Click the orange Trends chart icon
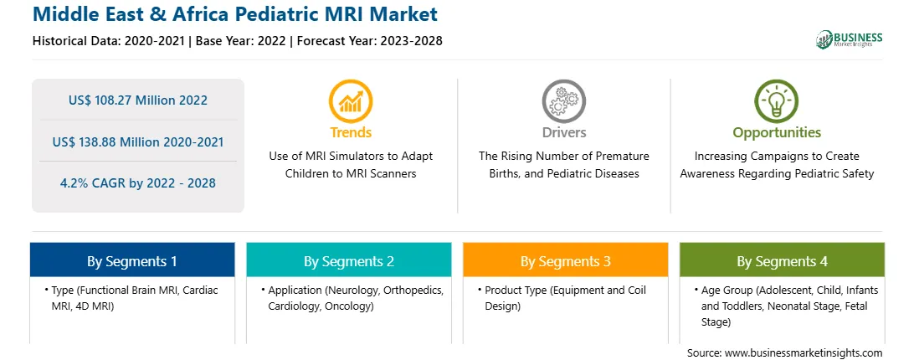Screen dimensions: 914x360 351,100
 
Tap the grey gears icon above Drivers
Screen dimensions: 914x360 563,100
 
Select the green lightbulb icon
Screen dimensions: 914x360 777,100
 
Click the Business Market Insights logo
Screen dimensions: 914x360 850,39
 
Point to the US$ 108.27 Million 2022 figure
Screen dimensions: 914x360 137,100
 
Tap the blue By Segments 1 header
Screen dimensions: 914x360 132,260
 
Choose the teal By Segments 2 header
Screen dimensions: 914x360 348,260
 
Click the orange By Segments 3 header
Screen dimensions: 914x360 566,260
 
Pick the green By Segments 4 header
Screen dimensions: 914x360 783,260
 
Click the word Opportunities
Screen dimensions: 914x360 777,132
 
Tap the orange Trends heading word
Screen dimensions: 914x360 351,132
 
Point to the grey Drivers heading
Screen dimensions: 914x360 563,132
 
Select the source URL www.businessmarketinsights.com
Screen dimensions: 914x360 804,352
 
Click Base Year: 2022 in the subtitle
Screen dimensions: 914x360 241,41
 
